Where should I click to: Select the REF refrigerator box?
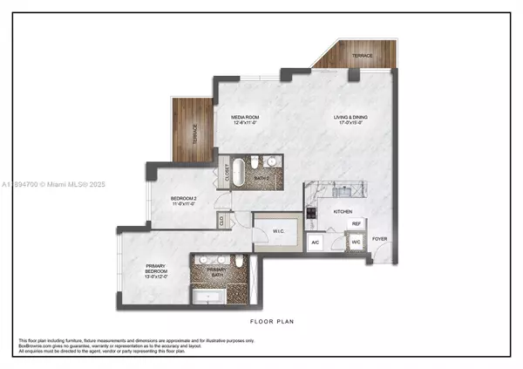tap(356, 224)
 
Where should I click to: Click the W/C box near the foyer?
tap(357, 243)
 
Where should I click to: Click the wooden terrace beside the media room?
tap(192, 131)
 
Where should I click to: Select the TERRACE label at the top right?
tap(362, 55)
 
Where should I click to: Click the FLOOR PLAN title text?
tap(272, 322)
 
